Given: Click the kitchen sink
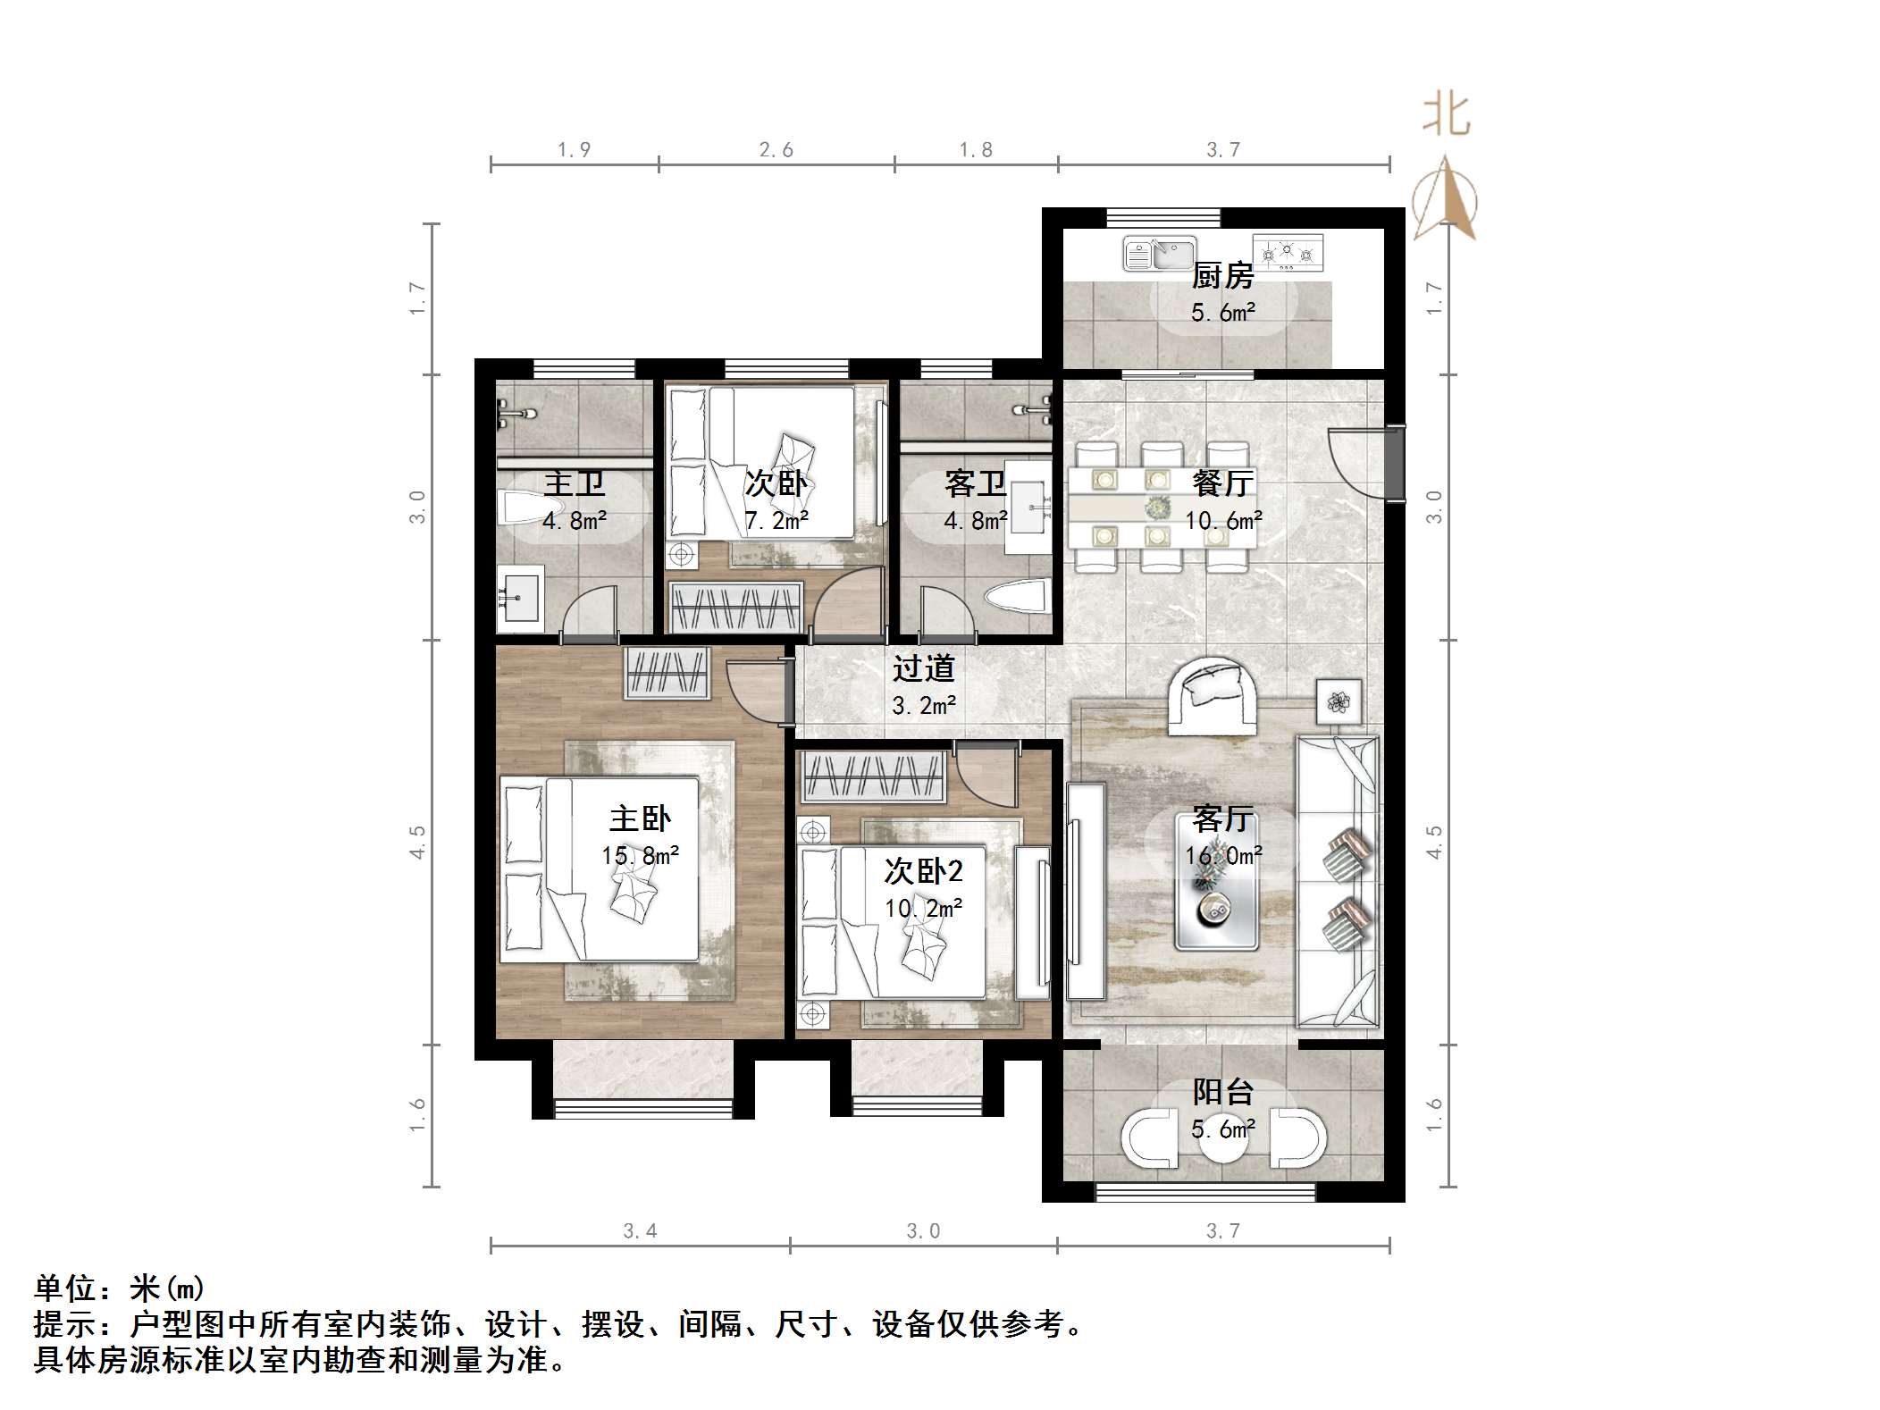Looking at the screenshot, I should coord(1159,254).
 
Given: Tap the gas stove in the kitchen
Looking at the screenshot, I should coord(1287,253).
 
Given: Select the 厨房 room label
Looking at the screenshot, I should coord(1222,275).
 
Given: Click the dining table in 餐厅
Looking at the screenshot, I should coord(1159,508).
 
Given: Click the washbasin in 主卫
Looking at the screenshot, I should coord(519,593).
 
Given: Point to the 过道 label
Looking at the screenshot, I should coord(924,668).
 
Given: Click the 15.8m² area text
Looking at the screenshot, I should coord(640,856).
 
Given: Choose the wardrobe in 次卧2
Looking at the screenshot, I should coord(874,776).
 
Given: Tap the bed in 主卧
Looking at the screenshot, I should coord(599,869).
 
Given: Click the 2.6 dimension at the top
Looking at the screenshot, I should coord(776,150).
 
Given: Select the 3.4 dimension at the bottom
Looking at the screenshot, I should coord(640,1231).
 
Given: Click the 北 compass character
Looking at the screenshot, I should coord(1446,116).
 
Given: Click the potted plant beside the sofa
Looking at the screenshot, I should coord(1338,702).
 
